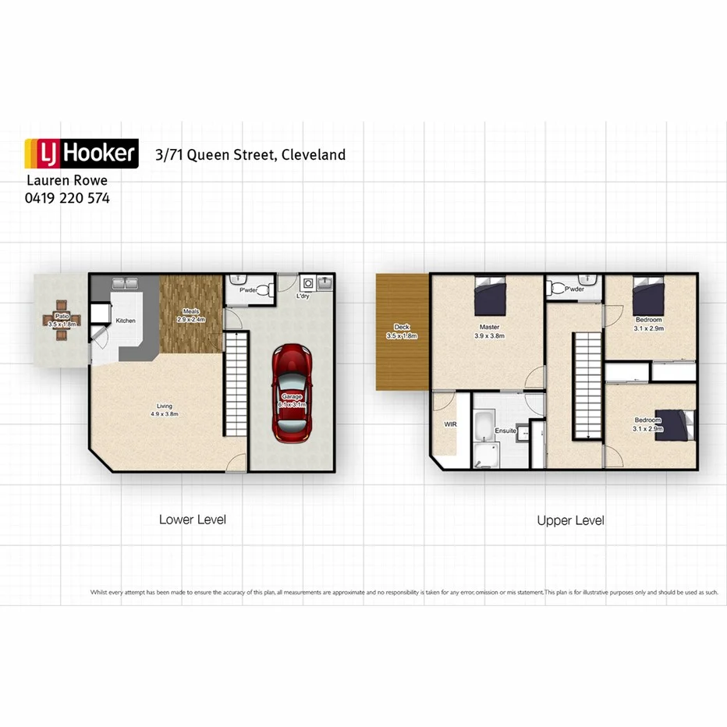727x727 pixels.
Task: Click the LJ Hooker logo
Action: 81,154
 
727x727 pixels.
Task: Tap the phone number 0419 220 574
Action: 67,198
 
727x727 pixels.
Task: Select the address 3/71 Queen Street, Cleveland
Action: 250,154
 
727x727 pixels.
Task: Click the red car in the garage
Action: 292,391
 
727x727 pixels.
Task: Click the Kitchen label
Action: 126,321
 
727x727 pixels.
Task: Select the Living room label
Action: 165,410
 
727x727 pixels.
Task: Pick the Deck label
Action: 402,331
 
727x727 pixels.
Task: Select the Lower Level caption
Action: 192,520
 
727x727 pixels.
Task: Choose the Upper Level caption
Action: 570,520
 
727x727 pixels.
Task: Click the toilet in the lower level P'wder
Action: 263,291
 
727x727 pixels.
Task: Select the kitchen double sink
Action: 125,283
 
